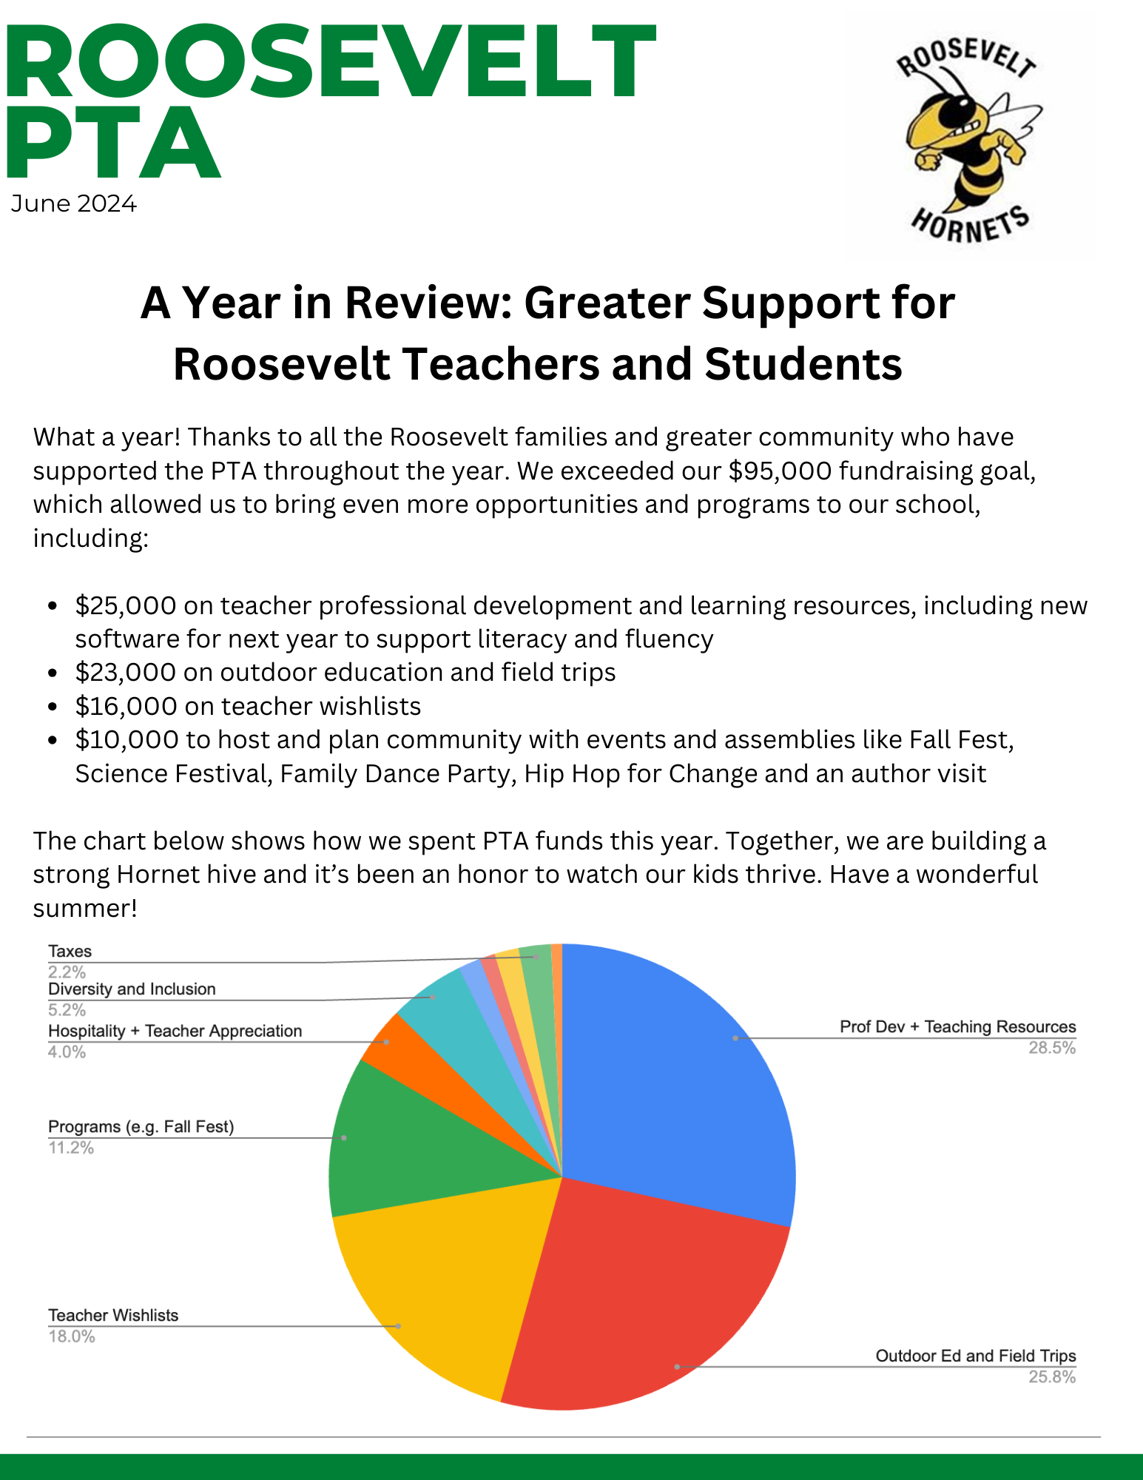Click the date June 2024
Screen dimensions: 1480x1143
(74, 203)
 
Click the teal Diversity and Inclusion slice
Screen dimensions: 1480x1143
(444, 1006)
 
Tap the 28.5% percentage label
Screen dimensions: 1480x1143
(1051, 1048)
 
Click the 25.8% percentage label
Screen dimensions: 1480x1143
(1051, 1377)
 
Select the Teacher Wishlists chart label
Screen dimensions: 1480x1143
(113, 1315)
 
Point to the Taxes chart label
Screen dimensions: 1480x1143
(70, 952)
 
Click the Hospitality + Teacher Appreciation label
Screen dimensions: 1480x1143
(175, 1031)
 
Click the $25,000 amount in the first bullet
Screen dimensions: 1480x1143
(126, 606)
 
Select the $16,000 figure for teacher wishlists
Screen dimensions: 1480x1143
(126, 707)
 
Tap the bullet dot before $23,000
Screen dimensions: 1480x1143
(52, 673)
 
